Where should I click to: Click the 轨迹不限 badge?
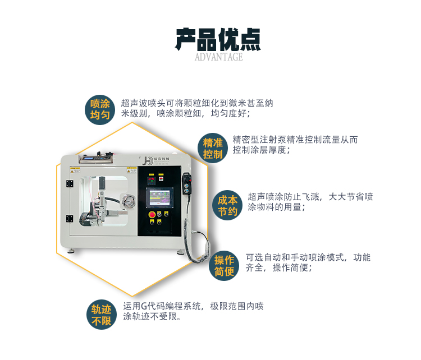[x=102, y=315]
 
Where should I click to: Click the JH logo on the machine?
[x=147, y=160]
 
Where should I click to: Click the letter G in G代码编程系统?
[x=144, y=306]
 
